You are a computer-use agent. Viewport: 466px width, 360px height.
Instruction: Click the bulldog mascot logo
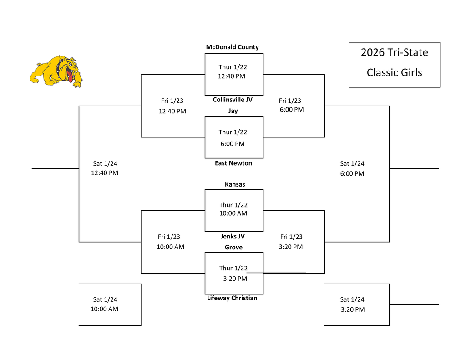[x=56, y=71]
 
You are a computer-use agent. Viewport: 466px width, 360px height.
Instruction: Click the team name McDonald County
[x=232, y=47]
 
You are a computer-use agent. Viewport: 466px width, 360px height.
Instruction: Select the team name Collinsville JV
[x=233, y=100]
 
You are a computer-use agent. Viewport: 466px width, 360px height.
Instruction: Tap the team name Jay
[x=233, y=111]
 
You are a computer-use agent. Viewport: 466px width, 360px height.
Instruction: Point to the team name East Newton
[x=233, y=163]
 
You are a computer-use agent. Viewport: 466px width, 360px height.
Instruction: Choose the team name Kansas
[x=235, y=184]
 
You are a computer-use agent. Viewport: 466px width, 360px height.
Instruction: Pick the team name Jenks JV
[x=233, y=237]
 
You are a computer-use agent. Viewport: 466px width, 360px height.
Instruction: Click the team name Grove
[x=233, y=248]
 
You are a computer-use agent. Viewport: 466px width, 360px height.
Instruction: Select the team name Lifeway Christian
[x=232, y=298]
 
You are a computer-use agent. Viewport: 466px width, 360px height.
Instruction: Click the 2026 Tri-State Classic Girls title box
[x=394, y=65]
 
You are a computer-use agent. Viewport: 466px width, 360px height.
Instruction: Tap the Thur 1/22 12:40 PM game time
[x=232, y=72]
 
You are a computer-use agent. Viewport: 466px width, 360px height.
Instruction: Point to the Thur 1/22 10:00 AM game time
[x=233, y=209]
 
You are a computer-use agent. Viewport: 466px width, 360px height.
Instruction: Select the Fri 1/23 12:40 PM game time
[x=172, y=106]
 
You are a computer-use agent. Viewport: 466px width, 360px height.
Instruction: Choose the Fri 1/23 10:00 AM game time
[x=170, y=242]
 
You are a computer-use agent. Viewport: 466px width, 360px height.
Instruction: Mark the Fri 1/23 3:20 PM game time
[x=291, y=242]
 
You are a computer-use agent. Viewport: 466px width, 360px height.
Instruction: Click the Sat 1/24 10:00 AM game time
[x=105, y=304]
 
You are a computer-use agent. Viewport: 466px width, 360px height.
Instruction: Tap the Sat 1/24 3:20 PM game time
[x=352, y=304]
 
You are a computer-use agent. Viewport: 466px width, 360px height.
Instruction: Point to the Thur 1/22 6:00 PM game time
[x=233, y=138]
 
